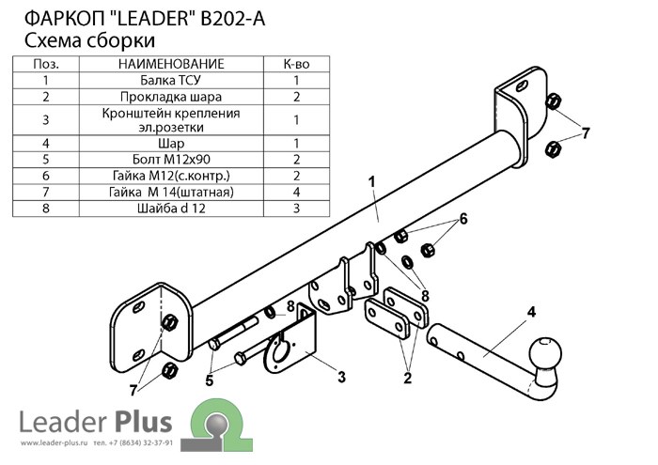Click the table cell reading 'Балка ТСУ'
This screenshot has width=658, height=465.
click(171, 80)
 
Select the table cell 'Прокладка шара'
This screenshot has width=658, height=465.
click(171, 97)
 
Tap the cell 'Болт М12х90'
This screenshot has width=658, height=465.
click(171, 160)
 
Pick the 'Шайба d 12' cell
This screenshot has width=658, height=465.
click(171, 209)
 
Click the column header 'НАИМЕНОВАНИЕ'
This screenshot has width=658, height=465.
click(171, 64)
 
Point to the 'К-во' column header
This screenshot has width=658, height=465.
click(297, 64)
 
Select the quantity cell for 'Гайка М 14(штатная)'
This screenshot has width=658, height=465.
click(297, 192)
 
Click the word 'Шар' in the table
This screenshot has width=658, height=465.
click(171, 144)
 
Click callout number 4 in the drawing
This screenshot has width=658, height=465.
click(531, 312)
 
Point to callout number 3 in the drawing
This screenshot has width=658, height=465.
click(341, 377)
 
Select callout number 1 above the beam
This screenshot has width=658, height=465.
click(371, 182)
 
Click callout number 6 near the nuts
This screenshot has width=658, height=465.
click(463, 219)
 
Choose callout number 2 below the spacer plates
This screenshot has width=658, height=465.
click(407, 378)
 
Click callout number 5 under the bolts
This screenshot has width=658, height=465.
click(210, 380)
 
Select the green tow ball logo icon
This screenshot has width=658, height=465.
click(216, 425)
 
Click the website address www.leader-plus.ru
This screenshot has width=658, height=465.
click(54, 442)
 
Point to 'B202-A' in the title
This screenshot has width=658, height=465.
click(233, 19)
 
